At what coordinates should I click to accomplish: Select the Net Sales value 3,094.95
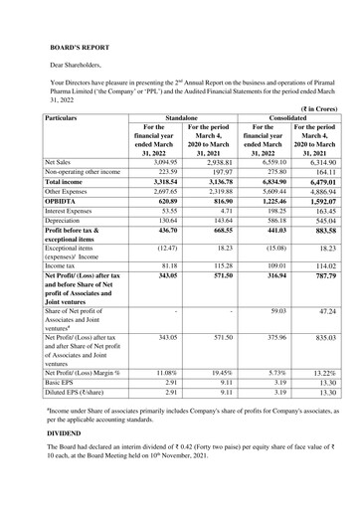tap(163, 160)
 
